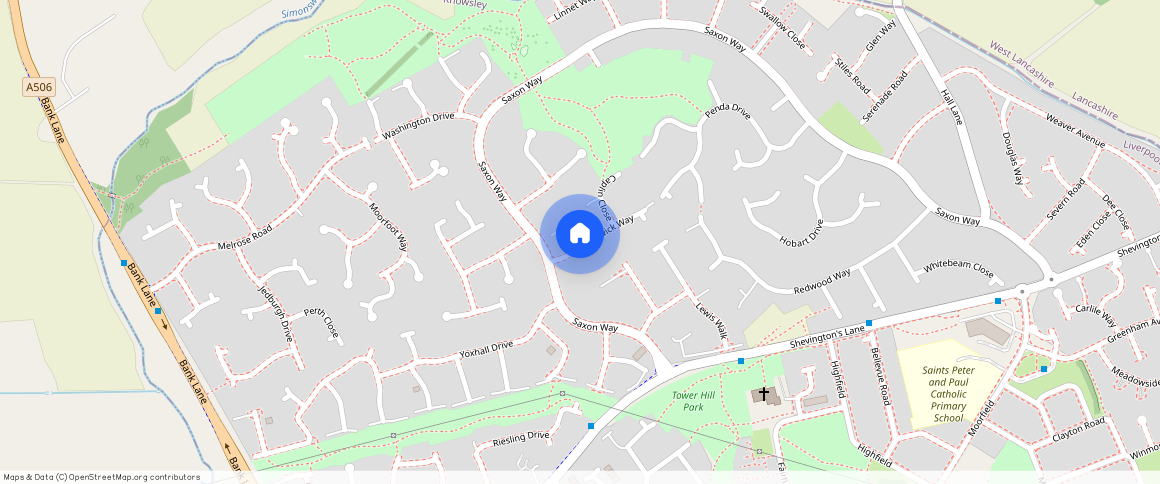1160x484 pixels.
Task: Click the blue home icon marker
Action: click(580, 234)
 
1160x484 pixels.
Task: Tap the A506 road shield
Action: click(39, 88)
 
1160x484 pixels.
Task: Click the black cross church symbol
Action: click(764, 394)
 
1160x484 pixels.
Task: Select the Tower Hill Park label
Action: click(693, 401)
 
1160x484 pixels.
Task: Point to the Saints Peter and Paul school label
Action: click(948, 393)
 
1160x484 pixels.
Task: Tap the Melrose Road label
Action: click(245, 238)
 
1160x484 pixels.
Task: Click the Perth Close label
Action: click(321, 322)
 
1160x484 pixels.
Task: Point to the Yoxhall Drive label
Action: click(485, 351)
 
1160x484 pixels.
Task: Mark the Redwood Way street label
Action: click(821, 280)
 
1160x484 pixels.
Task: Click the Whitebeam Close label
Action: click(958, 270)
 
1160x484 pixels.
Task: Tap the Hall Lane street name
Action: click(951, 106)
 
